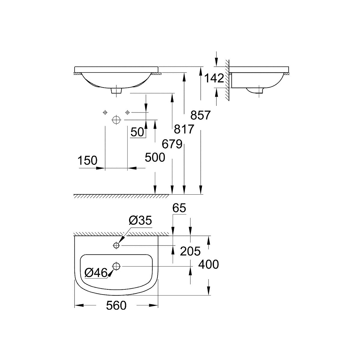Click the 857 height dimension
click(x=200, y=115)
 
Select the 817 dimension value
click(x=184, y=129)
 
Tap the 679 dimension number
click(x=172, y=144)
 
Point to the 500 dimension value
click(x=155, y=157)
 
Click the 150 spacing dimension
click(x=88, y=160)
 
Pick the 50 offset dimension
click(x=137, y=132)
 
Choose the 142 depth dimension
click(x=214, y=78)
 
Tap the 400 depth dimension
click(x=208, y=264)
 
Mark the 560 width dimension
click(x=116, y=306)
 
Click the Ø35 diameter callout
click(x=140, y=221)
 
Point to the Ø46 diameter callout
click(x=96, y=273)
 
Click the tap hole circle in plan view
click(x=117, y=245)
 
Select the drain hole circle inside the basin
click(x=116, y=266)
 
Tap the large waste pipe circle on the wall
click(x=116, y=120)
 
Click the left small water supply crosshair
click(x=105, y=113)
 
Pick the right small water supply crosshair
click(x=128, y=113)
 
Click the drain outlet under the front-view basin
click(x=116, y=91)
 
